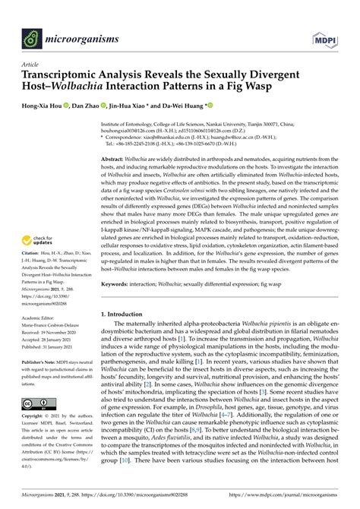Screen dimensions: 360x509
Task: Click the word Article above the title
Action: coord(30,65)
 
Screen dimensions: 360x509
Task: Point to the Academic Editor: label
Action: coord(44,320)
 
